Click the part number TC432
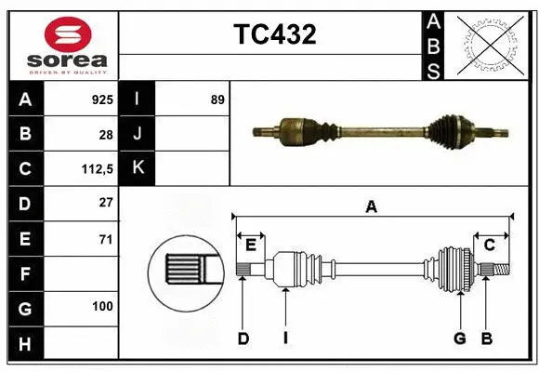[x=274, y=34]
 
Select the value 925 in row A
[x=101, y=100]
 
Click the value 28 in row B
[x=105, y=135]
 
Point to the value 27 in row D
[x=105, y=203]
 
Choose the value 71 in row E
[x=105, y=239]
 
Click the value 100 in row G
[x=102, y=306]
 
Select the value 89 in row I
[x=217, y=100]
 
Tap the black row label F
[x=24, y=274]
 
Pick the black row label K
[x=138, y=168]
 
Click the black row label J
[x=138, y=134]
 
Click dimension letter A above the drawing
[x=372, y=207]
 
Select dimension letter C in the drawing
[x=489, y=245]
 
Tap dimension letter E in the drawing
[x=251, y=245]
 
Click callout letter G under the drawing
[x=459, y=339]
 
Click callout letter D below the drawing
[x=243, y=339]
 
